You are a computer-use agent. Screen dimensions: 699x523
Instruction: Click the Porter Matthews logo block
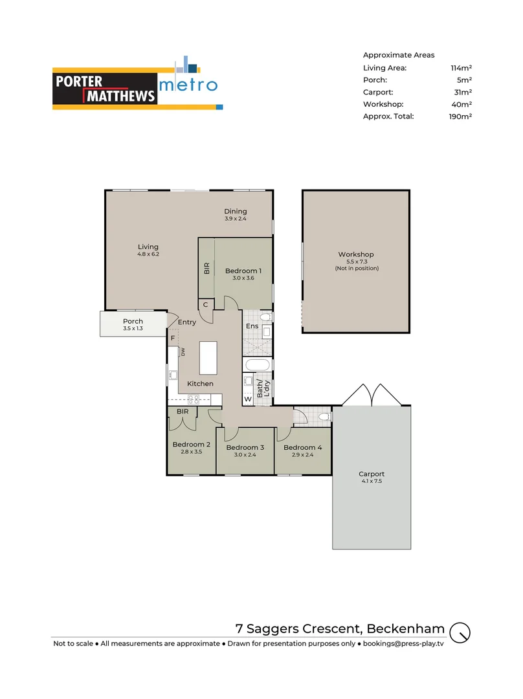pos(105,89)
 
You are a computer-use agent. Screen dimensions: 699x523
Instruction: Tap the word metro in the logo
pos(188,85)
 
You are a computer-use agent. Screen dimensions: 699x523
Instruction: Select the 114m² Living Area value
pos(461,67)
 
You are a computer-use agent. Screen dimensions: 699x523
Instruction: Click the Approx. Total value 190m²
pos(460,116)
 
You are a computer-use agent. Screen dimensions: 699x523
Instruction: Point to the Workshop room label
pos(356,254)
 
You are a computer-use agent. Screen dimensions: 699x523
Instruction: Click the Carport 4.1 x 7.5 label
pos(372,478)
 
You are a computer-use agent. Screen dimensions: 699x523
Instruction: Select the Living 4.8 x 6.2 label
pos(148,250)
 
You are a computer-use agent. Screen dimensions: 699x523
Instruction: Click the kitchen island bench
pos(208,359)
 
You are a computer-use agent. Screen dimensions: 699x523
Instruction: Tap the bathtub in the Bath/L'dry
pos(257,366)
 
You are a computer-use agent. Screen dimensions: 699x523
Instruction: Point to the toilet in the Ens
pos(265,317)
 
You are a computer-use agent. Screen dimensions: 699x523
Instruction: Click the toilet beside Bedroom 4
pos(324,417)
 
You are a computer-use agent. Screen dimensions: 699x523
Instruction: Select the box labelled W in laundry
pos(247,399)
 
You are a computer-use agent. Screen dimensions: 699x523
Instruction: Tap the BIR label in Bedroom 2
pos(183,411)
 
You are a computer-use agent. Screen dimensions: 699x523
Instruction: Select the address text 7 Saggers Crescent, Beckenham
pos(340,628)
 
